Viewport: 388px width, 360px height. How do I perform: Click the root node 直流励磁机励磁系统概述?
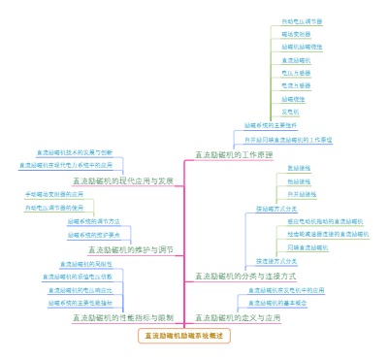tap(184, 336)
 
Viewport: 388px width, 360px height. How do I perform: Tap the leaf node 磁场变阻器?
tap(292, 33)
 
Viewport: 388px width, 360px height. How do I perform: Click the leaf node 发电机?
tap(289, 112)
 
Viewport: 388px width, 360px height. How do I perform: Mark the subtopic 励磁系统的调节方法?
tap(93, 221)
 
